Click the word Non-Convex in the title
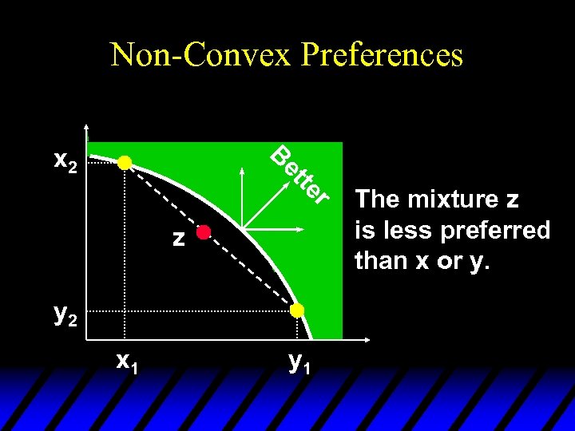[x=204, y=54]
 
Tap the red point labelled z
[x=204, y=232]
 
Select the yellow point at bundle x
[x=125, y=163]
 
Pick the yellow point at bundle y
[x=297, y=310]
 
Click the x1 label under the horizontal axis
[x=126, y=362]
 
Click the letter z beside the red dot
[x=180, y=237]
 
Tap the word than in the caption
[x=379, y=260]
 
